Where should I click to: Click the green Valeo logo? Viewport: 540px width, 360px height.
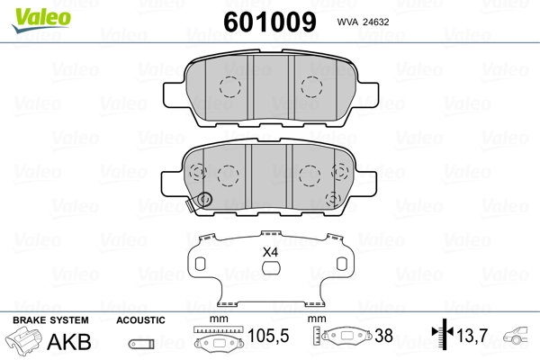pos(41,20)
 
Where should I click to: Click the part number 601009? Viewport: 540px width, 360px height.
pos(270,22)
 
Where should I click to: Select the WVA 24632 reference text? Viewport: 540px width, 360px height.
pos(363,22)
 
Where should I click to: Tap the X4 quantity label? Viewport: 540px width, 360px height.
pos(270,253)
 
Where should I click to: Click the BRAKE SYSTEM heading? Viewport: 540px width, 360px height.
pos(50,320)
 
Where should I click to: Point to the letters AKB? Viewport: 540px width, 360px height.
pos(69,342)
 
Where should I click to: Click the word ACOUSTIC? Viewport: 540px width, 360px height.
pos(140,320)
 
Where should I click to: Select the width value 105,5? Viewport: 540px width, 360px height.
pos(268,336)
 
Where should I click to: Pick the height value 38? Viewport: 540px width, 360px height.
pos(383,336)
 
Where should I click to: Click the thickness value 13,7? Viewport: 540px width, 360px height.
pos(472,336)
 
